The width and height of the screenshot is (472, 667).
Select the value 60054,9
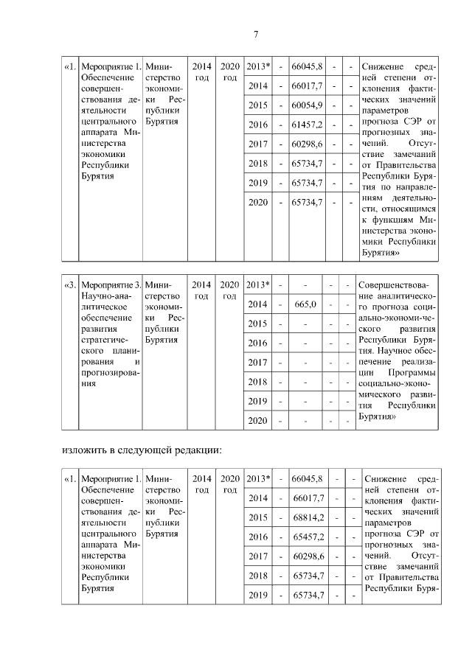coord(308,105)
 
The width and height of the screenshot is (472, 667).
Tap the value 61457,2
coord(308,124)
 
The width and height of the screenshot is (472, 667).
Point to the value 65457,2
coord(309,537)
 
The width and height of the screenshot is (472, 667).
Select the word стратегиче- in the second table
coord(104,340)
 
